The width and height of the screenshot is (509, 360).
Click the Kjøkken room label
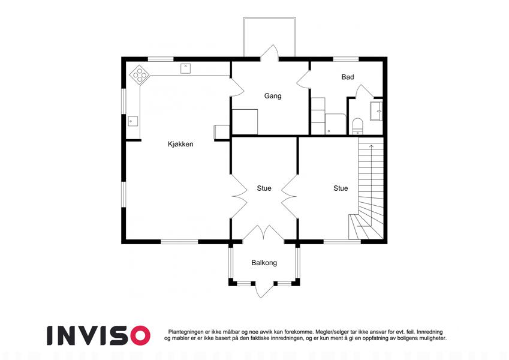pos(180,144)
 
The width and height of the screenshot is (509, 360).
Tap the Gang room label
pos(273,96)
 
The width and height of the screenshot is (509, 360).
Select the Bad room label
pos(348,77)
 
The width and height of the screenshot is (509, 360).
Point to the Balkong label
pos(264,263)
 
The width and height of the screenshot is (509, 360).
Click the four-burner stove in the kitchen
pos(140,74)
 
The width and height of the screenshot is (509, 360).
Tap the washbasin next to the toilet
pos(377,111)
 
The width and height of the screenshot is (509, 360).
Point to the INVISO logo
pos(99,335)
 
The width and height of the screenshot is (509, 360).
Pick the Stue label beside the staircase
pos(341,188)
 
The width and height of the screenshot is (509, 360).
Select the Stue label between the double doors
pos(264,188)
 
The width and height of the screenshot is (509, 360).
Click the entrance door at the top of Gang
pos(269,53)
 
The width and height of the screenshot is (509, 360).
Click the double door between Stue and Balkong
pos(263,233)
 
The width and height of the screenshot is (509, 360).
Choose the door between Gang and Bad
pos(303,80)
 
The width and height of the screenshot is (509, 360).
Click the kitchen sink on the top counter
pos(185,68)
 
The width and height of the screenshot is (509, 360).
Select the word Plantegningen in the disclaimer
pos(186,332)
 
